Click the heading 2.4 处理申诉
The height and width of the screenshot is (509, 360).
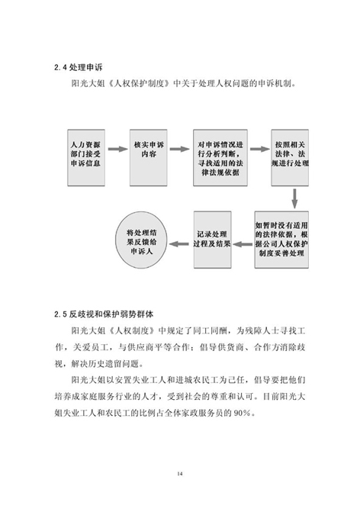pos(78,67)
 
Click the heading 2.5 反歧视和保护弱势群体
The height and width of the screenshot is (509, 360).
pos(104,314)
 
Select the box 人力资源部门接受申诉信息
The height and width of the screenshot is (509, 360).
pos(86,157)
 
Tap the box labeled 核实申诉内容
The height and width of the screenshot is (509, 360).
pos(149,157)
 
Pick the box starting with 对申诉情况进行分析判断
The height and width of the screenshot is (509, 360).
pos(220,157)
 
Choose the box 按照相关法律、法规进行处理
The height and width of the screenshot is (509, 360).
pos(290,157)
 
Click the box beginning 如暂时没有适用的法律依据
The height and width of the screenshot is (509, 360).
pos(281,240)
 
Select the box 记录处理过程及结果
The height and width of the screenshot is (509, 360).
pos(213,240)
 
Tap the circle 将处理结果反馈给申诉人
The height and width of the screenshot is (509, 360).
pos(141,240)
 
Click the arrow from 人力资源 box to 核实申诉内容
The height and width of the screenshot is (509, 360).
pos(117,149)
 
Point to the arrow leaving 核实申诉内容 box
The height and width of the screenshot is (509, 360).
pos(179,149)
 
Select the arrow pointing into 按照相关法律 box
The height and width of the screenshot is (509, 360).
pos(260,149)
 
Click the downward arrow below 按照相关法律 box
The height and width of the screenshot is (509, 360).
pos(294,198)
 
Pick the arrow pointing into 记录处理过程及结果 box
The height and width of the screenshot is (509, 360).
pos(243,243)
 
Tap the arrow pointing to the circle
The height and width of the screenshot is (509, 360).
pos(179,243)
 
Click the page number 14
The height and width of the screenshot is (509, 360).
pos(180,474)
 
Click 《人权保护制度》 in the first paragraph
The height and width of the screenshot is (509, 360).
pos(140,83)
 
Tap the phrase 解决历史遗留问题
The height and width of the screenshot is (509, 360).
pos(105,364)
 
